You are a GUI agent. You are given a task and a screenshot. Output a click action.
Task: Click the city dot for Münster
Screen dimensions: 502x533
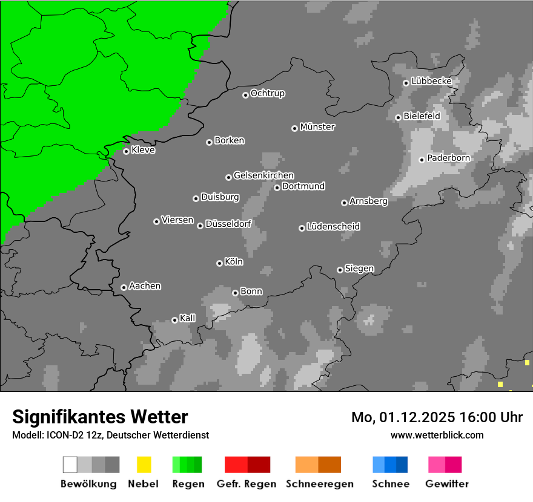coord(294,128)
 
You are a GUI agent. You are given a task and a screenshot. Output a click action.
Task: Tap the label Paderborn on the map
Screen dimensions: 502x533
coord(448,158)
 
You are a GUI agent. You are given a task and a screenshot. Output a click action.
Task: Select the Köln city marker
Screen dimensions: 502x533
coord(219,263)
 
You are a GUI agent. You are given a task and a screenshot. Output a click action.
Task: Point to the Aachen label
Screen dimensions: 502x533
coord(145,286)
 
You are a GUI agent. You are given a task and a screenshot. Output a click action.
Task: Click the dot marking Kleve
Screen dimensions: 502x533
coord(126,151)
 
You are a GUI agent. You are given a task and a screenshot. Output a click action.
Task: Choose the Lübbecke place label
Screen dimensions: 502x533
coord(431,81)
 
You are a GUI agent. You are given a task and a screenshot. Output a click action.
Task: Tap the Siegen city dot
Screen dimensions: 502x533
coord(340,270)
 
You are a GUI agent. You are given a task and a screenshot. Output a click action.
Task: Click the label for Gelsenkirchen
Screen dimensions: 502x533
coord(263,175)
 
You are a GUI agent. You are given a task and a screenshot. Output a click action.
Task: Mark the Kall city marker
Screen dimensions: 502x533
coord(174,320)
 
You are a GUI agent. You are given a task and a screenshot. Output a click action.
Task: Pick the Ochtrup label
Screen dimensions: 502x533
coord(267,93)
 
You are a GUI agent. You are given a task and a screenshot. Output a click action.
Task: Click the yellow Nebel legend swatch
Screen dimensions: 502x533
coord(144,465)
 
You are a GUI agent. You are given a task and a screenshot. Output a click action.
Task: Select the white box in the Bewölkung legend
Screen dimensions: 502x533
coord(70,465)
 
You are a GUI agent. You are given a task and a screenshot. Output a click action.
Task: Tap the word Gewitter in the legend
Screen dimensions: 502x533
coord(447,484)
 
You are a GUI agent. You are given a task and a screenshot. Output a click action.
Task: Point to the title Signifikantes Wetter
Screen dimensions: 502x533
coord(100,417)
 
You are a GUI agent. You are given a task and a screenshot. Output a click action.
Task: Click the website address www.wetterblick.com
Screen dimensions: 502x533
coord(437,435)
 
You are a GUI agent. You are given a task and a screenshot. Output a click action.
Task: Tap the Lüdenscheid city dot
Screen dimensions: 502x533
coord(302,228)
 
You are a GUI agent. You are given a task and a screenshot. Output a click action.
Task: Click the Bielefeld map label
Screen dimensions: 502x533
coord(422,116)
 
